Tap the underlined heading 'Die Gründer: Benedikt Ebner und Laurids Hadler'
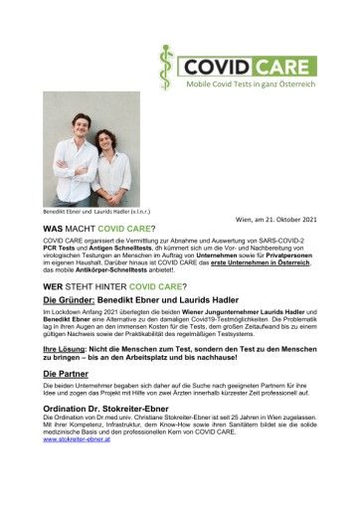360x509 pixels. [x=149, y=299]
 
